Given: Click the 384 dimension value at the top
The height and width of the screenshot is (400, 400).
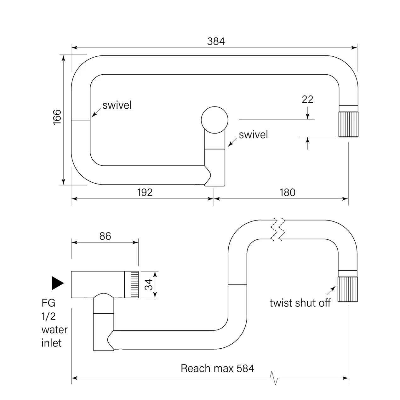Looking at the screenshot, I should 216,41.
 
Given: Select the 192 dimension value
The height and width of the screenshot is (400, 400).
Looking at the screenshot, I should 145,192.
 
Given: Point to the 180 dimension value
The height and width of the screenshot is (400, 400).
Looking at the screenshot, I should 287,192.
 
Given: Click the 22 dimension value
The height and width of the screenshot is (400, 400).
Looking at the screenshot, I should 307,99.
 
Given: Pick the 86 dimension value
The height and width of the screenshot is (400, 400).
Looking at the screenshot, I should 105,236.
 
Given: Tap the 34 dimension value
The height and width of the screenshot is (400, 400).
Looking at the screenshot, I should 150,284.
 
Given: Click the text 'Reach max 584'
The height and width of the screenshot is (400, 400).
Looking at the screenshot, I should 217,368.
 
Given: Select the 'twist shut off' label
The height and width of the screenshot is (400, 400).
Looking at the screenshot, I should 300,303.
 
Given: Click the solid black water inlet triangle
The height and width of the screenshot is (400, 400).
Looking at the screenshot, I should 57,283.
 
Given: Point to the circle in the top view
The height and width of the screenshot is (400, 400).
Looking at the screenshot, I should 214,120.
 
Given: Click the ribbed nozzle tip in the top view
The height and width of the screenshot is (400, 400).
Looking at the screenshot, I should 348,125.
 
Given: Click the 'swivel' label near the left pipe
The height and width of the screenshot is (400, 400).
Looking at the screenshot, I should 117,105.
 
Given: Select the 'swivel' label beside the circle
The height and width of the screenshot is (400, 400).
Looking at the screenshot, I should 253,135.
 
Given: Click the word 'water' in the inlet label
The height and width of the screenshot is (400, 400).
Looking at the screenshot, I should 54,330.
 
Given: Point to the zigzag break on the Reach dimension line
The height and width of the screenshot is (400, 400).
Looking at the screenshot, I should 275,378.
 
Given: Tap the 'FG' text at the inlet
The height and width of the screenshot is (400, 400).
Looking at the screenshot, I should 49,303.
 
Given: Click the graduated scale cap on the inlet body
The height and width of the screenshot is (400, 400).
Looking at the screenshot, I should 132,284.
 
